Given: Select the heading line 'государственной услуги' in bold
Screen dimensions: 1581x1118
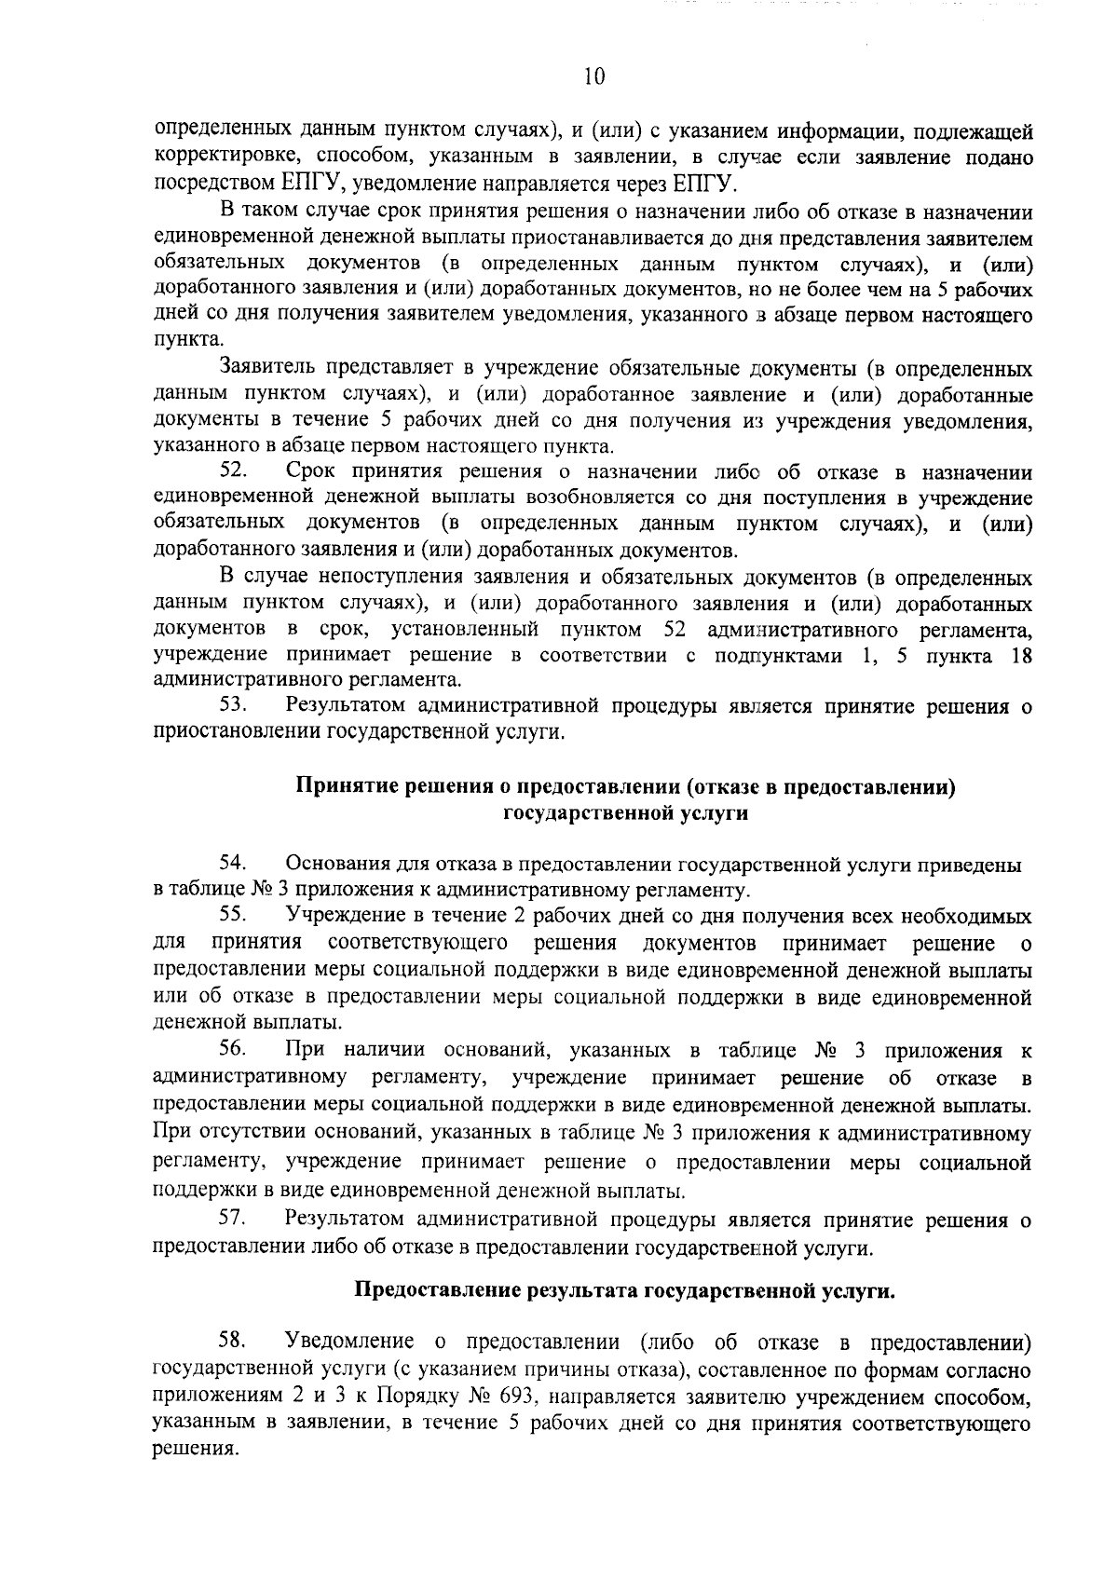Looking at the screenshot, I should [625, 813].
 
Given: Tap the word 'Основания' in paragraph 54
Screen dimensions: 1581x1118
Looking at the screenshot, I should [334, 864].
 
